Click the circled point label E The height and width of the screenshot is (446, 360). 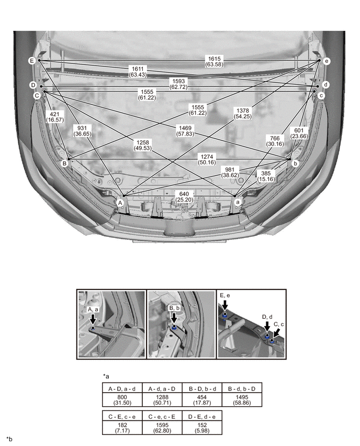(x=32, y=61)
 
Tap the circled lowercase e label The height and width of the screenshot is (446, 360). (x=327, y=61)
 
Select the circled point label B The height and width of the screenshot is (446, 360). (x=64, y=163)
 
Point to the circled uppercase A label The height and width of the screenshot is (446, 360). (x=120, y=203)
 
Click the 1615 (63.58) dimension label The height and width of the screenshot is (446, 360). (x=214, y=61)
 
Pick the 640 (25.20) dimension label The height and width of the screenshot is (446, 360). (x=184, y=197)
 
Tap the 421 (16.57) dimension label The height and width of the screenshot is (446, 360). (x=54, y=117)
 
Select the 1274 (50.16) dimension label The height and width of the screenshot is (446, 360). (x=207, y=160)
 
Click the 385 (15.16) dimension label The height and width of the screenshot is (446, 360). (x=266, y=176)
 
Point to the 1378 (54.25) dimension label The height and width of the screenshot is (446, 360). (x=243, y=114)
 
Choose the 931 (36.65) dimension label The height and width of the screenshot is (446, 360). (x=82, y=131)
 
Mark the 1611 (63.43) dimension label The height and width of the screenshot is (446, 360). (x=138, y=72)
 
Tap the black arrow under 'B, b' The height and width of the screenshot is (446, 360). (x=174, y=318)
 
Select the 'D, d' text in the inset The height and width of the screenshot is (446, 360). (x=267, y=317)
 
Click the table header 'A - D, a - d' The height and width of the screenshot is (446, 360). (x=122, y=388)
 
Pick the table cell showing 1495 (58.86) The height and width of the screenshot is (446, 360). (x=242, y=400)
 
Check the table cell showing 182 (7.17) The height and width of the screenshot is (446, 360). (x=122, y=428)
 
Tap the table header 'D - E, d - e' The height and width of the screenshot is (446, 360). (x=202, y=417)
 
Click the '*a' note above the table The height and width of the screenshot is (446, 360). (x=106, y=376)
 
